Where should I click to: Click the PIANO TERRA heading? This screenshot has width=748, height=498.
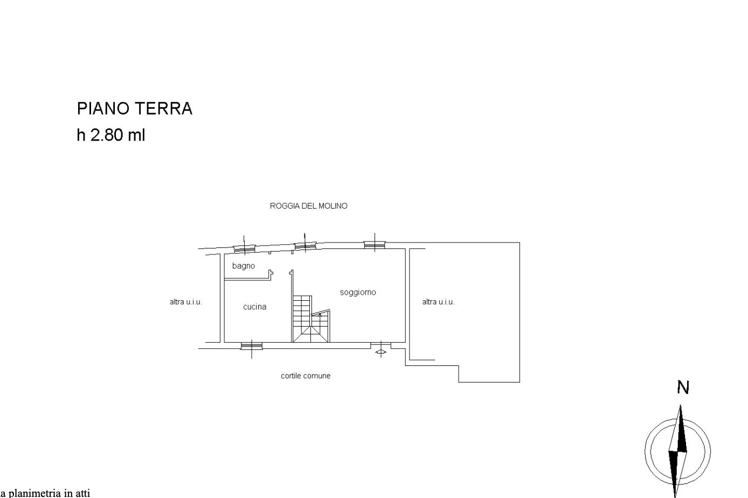135,108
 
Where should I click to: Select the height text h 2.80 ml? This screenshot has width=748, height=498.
111,135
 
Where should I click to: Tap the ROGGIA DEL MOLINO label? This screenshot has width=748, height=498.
309,206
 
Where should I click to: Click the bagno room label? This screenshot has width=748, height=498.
244,266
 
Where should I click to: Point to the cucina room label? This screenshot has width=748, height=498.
255,307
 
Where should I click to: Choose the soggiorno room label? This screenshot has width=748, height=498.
358,293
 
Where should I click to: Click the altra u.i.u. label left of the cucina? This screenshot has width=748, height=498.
186,302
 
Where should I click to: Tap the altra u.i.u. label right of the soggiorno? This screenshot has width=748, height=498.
439,302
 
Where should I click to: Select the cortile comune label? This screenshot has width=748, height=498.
306,376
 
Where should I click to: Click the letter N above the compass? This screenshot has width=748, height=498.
683,388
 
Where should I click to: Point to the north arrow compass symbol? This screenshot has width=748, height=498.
677,451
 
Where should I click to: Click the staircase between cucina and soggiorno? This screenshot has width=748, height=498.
311,319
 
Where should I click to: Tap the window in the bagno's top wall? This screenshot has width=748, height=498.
244,249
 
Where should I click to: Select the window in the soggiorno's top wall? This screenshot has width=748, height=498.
375,245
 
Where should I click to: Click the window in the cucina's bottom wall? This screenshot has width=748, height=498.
252,345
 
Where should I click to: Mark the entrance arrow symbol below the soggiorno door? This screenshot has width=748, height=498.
381,352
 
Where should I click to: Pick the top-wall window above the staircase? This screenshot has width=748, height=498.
305,246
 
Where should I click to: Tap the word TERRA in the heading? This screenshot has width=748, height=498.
164,108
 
